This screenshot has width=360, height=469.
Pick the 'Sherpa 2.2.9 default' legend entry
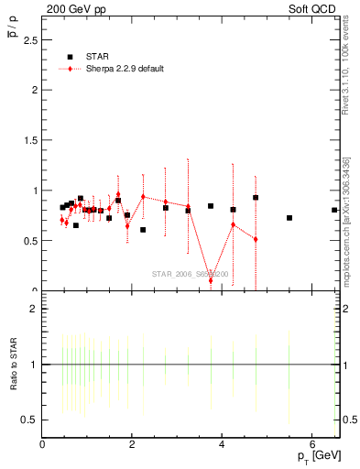coord(110,69)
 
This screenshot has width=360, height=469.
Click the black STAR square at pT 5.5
coord(289,218)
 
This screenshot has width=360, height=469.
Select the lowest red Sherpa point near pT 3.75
coord(211,280)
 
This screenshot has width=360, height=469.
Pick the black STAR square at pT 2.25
coord(143,230)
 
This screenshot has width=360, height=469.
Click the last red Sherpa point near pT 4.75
coord(256,239)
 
